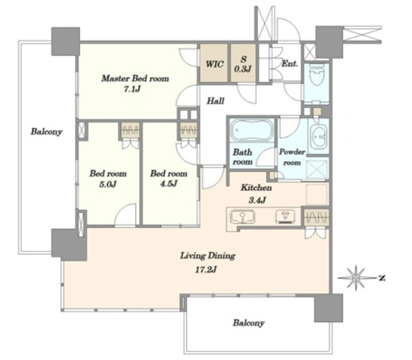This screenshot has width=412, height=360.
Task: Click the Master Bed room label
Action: pos(135,78)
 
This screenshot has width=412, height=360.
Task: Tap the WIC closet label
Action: pos(214,64)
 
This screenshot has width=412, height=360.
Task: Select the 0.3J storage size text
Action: pos(243,69)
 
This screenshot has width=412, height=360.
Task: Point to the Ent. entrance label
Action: pos(290,63)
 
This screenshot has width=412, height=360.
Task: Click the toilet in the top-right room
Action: pos(316,74)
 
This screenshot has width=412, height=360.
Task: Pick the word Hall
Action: pos(215,101)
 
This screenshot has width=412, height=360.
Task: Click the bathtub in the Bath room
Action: pos(251,130)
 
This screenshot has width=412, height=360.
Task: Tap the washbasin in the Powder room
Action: pos(319,135)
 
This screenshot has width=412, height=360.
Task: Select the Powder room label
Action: pos(292,157)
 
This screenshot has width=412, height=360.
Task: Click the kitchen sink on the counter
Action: pos(242,217)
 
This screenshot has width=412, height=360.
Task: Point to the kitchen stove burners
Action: pos(285,216)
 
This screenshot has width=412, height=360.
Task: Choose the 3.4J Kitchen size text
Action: pos(257,200)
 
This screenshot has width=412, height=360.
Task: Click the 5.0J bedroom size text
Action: pos(108,184)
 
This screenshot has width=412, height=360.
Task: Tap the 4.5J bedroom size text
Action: pos(169,183)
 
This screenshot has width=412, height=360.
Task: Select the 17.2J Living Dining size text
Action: pos(206,269)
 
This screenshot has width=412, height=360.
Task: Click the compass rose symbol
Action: pos(356,278)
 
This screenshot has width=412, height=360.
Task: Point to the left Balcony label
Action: pos(46,132)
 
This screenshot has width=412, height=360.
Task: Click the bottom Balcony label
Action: pos(249,323)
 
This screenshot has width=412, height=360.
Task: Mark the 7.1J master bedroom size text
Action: pos(132,89)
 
